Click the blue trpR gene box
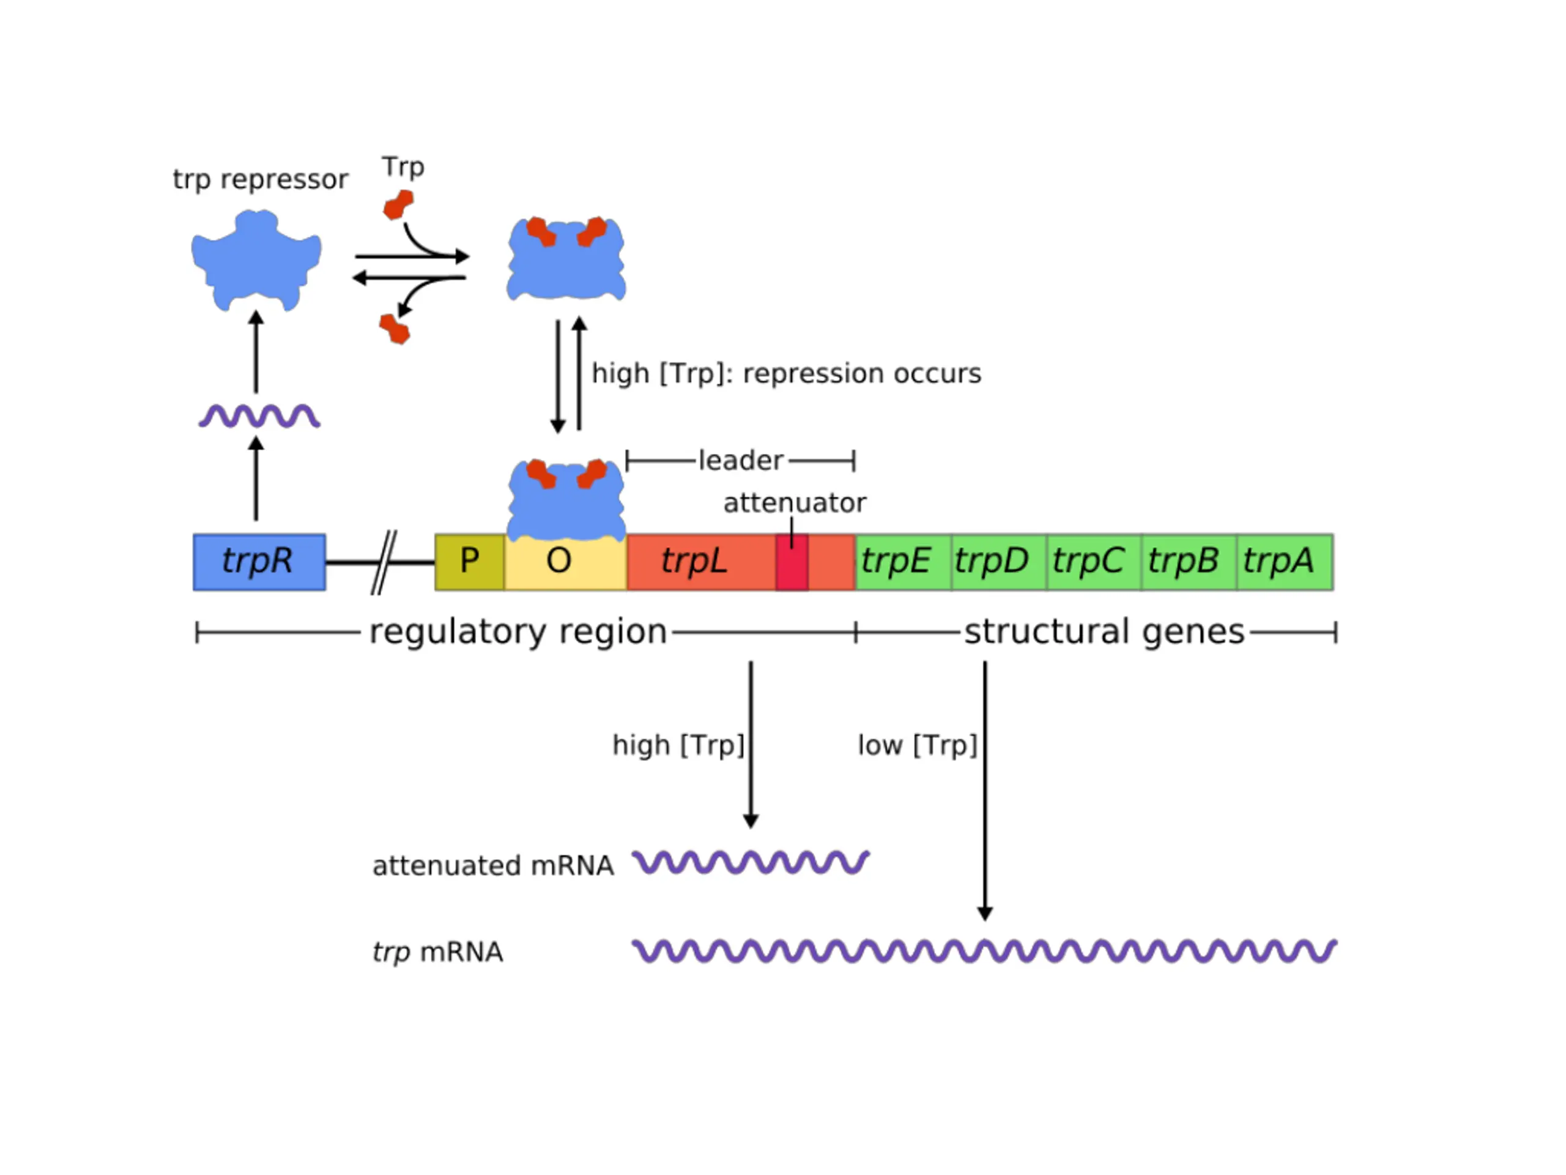click(x=259, y=562)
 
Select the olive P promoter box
click(x=469, y=562)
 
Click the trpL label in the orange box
click(x=694, y=562)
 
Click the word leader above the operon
click(x=741, y=461)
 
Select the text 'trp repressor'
click(x=261, y=179)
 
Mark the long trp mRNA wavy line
click(x=984, y=950)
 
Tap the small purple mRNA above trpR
click(x=259, y=416)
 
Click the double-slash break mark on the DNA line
click(x=383, y=562)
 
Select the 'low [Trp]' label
click(x=917, y=745)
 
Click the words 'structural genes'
click(x=1104, y=632)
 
